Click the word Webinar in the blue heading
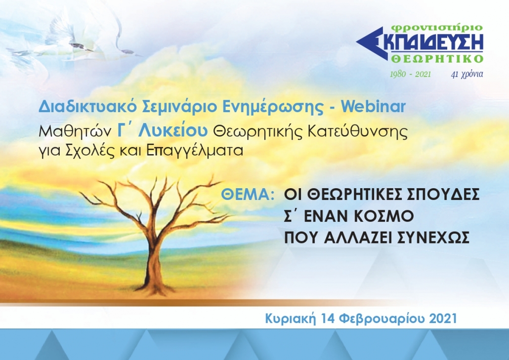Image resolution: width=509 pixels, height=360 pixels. pyautogui.click(x=373, y=106)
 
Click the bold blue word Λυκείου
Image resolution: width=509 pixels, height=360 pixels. pyautogui.click(x=172, y=131)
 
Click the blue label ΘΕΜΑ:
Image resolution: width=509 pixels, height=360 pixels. pyautogui.click(x=248, y=195)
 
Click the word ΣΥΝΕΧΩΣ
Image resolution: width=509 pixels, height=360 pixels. pyautogui.click(x=433, y=238)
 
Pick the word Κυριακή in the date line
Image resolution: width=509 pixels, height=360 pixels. pyautogui.click(x=291, y=319)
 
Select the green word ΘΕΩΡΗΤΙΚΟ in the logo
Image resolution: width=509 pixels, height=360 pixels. pyautogui.click(x=437, y=59)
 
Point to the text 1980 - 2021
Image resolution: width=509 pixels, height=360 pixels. pyautogui.click(x=410, y=74)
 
